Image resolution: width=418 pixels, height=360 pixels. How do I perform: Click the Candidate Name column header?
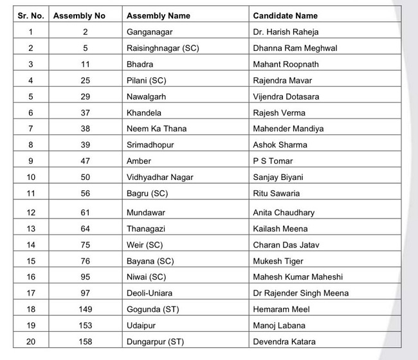(285, 15)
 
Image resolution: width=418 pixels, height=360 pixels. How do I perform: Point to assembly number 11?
(86, 64)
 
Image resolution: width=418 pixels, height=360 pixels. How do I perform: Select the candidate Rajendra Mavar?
(281, 80)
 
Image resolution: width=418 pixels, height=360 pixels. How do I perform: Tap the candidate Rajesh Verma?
(279, 113)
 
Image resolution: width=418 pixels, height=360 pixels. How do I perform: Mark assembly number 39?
(86, 145)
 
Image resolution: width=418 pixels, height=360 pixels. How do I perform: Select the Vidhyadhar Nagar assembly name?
(160, 177)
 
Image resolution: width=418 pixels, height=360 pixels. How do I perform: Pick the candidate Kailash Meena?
(280, 229)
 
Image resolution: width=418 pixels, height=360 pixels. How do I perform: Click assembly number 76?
(86, 261)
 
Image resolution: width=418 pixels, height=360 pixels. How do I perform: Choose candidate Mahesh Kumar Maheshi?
(298, 277)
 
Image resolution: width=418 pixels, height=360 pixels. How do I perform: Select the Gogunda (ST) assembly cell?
(154, 309)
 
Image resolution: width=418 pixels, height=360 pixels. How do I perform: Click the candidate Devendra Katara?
(284, 341)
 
